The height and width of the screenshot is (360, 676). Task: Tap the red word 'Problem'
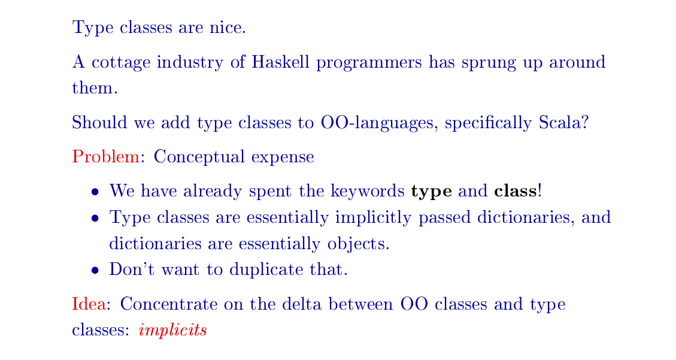pyautogui.click(x=105, y=157)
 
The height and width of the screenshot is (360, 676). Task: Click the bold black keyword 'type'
pyautogui.click(x=431, y=192)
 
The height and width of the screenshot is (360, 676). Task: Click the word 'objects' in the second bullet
pyautogui.click(x=359, y=244)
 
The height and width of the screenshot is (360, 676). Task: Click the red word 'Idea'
pyautogui.click(x=89, y=304)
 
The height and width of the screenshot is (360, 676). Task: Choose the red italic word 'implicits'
pyautogui.click(x=172, y=330)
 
